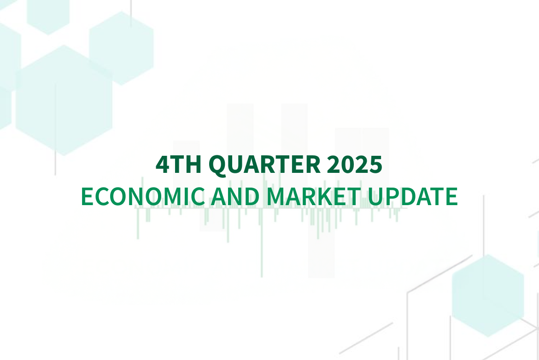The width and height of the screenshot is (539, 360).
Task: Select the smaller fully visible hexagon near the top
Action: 121,48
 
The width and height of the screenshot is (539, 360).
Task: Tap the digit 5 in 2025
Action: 375,165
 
